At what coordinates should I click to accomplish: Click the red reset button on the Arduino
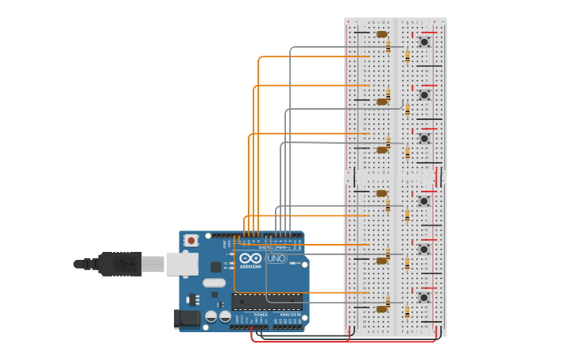tap(191, 240)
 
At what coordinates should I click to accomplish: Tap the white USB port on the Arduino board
tap(182, 264)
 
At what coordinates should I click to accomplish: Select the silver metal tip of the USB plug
tap(153, 264)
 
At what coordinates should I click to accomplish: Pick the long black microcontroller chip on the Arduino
tap(266, 302)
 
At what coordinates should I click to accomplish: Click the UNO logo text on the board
tap(276, 258)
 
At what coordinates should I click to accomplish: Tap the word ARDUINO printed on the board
tap(250, 267)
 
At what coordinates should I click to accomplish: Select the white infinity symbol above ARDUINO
tap(250, 258)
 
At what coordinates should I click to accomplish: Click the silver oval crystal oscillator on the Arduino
tap(214, 283)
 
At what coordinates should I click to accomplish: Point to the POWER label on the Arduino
tap(261, 315)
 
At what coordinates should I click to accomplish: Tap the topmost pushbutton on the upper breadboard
tap(424, 41)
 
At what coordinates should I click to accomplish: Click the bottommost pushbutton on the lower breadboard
tap(424, 297)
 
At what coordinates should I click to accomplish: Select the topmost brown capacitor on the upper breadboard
tap(382, 34)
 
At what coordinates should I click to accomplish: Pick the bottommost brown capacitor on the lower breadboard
tap(382, 308)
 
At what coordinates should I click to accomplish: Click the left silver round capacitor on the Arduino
tap(211, 316)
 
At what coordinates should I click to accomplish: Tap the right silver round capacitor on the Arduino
tap(225, 316)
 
